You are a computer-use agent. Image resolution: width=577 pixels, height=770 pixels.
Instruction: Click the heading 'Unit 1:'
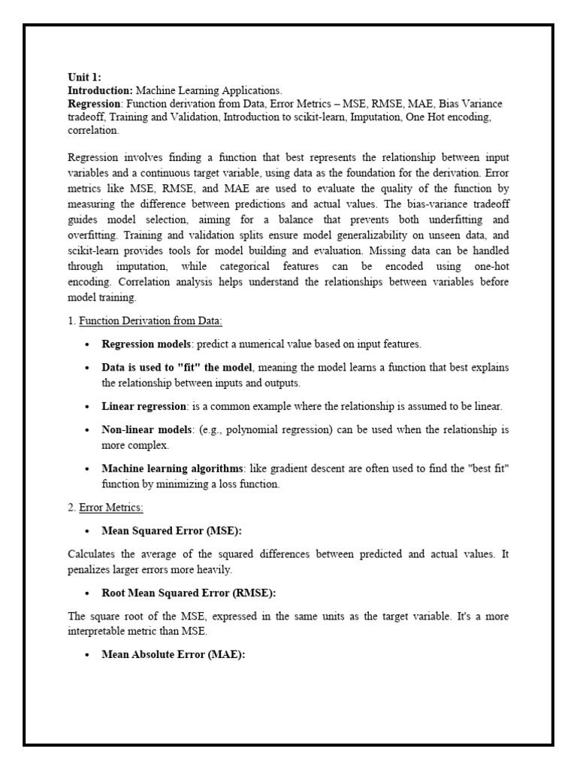(x=84, y=77)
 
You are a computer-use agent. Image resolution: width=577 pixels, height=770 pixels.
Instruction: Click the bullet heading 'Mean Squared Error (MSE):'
(x=172, y=531)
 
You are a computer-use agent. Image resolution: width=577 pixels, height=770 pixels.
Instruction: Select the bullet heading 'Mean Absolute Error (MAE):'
(x=174, y=654)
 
